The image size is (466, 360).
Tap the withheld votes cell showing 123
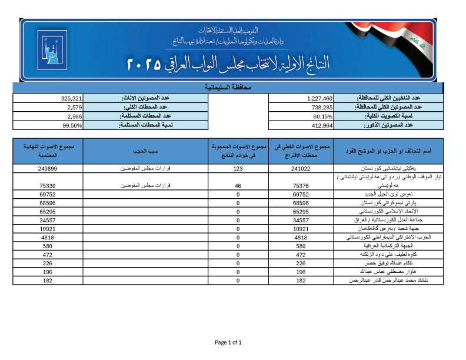[x=238, y=168]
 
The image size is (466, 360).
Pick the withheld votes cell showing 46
[x=238, y=185]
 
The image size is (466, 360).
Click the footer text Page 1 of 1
[x=228, y=342]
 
